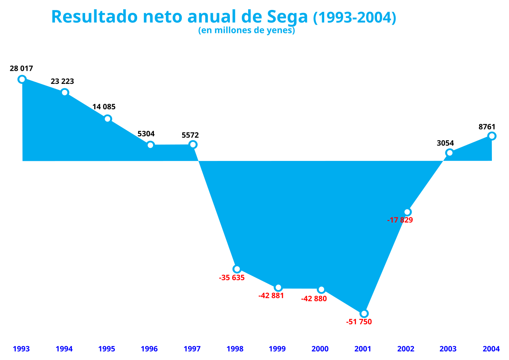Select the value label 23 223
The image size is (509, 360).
(x=62, y=81)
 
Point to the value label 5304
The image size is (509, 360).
(x=146, y=134)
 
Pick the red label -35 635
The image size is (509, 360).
(x=232, y=278)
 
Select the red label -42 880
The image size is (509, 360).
(x=314, y=299)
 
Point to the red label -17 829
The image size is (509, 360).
(x=400, y=220)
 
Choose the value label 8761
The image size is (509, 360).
(x=487, y=127)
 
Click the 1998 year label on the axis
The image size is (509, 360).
(x=235, y=349)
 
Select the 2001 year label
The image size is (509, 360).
(x=363, y=349)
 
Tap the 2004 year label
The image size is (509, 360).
(x=491, y=349)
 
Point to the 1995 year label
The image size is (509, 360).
(x=107, y=349)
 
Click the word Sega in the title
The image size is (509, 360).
(x=287, y=17)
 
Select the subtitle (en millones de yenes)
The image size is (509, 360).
(x=247, y=30)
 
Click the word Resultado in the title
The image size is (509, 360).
(x=95, y=16)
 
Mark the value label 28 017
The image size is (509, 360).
(x=21, y=68)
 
